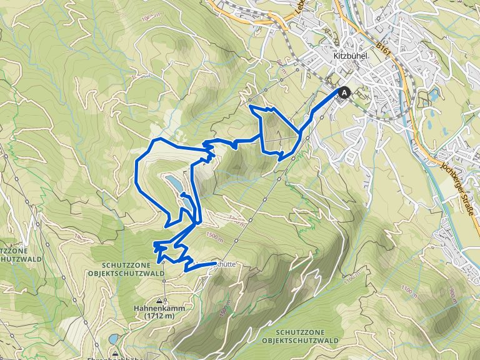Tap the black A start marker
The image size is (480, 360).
pos(344,92)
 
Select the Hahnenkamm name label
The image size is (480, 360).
pos(153,308)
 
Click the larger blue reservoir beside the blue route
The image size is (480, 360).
pos(174,183)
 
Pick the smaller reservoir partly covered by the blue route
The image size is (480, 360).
pos(187,204)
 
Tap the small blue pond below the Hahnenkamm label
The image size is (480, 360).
pos(112,339)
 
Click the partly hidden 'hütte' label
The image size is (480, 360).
pos(226,264)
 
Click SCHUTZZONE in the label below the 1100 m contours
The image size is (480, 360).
pos(301,332)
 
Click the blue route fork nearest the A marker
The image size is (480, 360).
pos(300,132)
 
